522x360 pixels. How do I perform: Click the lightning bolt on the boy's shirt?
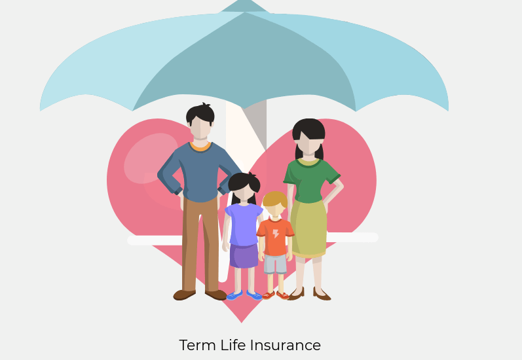(276, 234)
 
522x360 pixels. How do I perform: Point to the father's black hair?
(200, 113)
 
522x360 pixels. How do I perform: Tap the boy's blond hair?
(275, 198)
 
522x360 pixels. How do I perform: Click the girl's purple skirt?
(244, 255)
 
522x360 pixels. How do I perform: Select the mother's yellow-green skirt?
(308, 228)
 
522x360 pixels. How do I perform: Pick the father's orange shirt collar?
(200, 147)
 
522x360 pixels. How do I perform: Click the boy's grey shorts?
(275, 264)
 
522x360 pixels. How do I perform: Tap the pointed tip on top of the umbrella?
(245, 2)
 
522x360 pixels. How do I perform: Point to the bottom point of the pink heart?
(242, 322)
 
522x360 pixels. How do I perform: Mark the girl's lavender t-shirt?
(244, 225)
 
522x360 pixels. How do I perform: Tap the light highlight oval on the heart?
(151, 158)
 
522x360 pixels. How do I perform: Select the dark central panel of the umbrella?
(245, 62)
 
